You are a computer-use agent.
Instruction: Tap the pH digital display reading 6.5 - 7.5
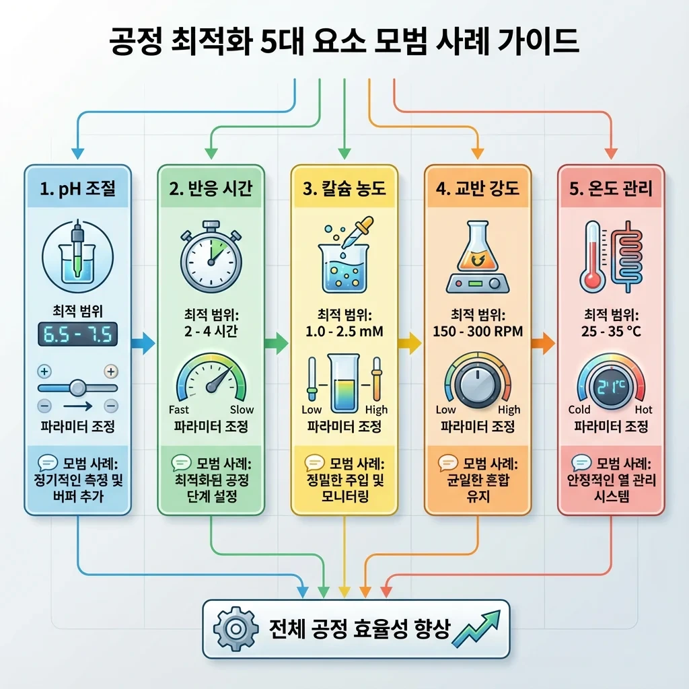coord(78,334)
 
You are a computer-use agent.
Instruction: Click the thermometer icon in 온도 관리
coord(592,256)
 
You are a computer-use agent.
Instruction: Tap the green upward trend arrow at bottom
coord(478,627)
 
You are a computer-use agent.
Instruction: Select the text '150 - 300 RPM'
coord(478,331)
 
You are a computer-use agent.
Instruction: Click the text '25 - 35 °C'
coord(611,331)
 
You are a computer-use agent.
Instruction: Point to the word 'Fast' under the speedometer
coord(179,410)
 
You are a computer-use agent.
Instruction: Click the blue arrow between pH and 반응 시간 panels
coord(143,343)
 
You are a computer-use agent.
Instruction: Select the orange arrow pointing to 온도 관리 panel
coord(543,344)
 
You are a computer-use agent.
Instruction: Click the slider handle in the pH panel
coord(78,388)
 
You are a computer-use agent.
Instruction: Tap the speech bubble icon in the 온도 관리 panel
coord(581,463)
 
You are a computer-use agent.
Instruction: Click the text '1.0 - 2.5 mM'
coord(344,331)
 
